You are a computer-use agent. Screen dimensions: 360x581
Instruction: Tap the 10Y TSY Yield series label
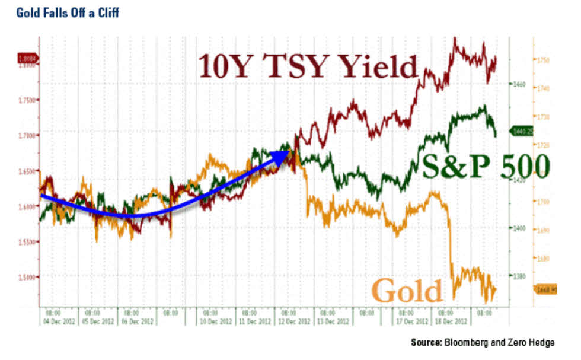(308, 66)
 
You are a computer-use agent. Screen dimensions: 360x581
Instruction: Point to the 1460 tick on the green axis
(519, 85)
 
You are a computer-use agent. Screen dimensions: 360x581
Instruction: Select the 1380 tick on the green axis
(519, 276)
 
